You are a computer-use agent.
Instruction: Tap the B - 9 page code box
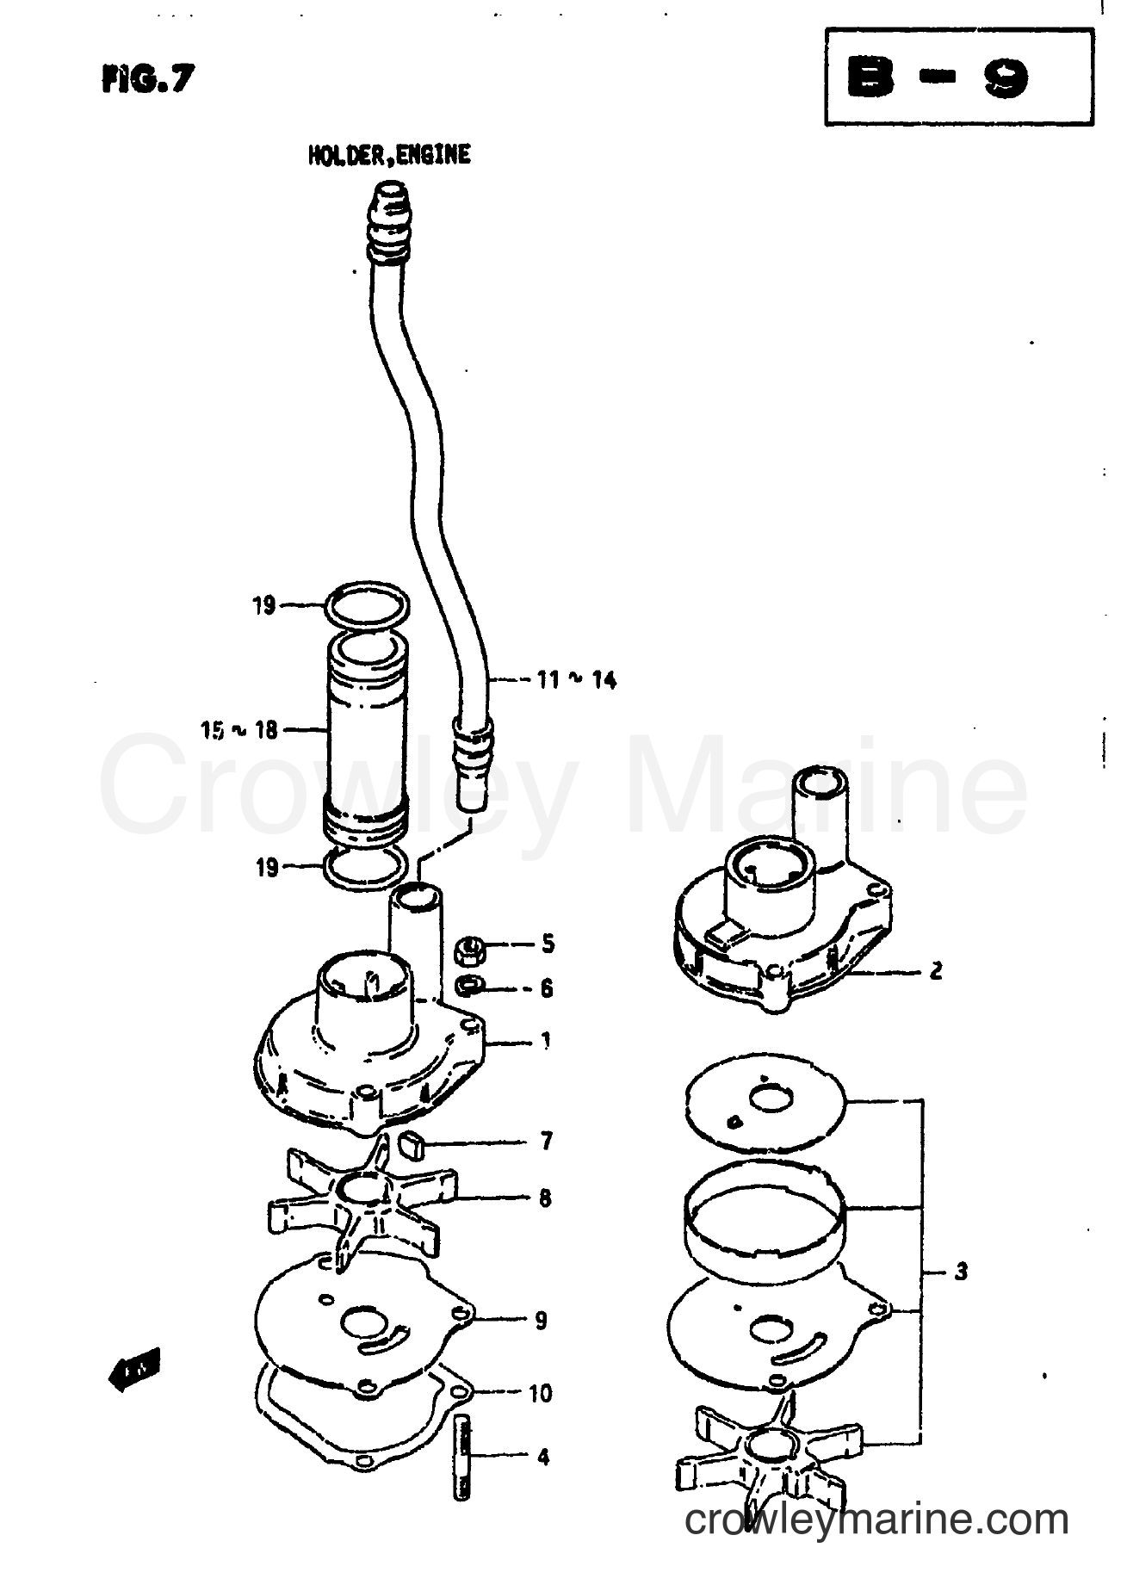958,78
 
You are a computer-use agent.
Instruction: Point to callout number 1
546,1041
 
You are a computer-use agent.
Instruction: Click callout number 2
936,970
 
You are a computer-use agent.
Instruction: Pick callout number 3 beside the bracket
961,1271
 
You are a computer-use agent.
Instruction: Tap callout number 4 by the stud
542,1458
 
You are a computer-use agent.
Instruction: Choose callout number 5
548,944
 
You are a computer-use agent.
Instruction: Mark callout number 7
546,1142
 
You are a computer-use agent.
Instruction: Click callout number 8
545,1198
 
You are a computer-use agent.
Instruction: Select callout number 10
540,1393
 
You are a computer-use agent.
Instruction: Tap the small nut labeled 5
469,950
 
